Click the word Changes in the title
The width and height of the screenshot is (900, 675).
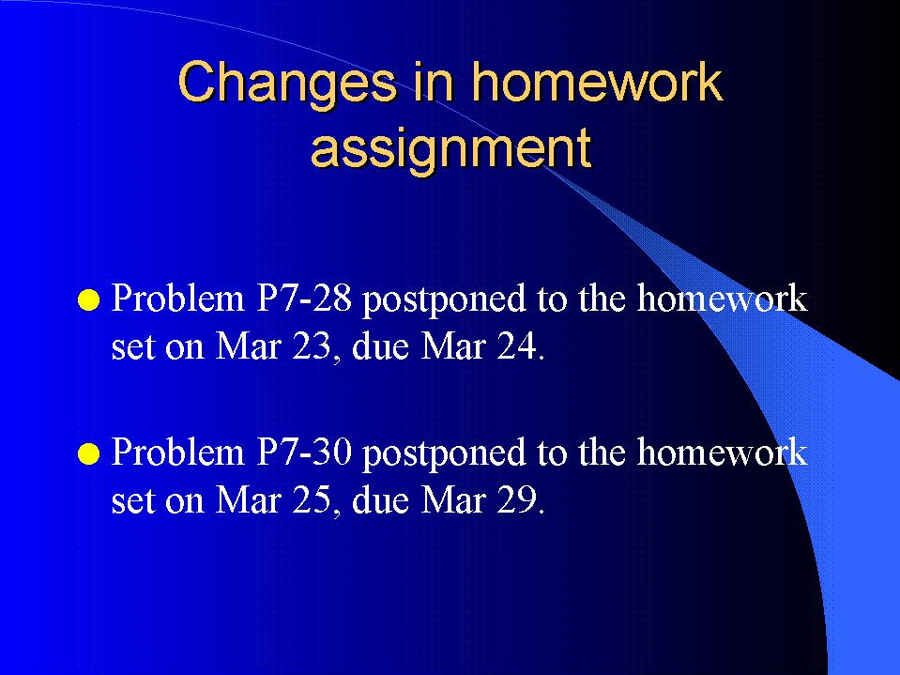tap(287, 84)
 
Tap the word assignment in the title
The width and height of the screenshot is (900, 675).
tap(450, 148)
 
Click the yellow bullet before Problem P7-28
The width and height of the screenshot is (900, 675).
tap(88, 299)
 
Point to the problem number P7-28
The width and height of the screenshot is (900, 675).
tap(303, 299)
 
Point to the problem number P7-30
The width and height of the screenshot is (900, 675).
tap(303, 452)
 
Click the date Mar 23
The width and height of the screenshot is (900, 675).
tap(273, 346)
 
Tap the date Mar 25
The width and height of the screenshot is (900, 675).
tap(273, 500)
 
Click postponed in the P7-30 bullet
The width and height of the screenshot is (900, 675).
tap(444, 454)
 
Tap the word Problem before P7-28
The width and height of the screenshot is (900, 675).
tap(178, 299)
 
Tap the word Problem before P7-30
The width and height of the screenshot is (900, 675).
tap(178, 452)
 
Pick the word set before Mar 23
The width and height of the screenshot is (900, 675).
tap(133, 348)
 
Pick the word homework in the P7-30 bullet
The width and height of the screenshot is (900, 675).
tap(722, 452)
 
